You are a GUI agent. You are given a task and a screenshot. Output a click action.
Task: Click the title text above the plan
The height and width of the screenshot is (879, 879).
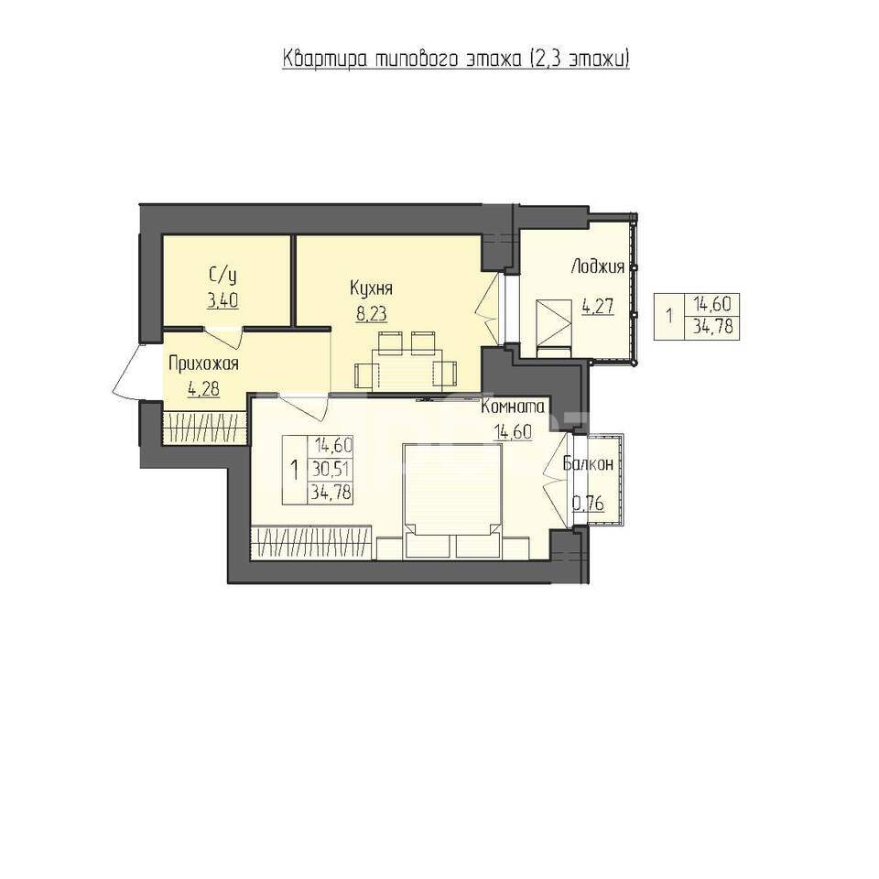click(456, 60)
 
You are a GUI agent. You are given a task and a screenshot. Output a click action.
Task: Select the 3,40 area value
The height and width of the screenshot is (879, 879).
click(222, 299)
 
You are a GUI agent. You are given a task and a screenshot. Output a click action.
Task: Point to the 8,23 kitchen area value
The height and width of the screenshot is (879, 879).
click(371, 313)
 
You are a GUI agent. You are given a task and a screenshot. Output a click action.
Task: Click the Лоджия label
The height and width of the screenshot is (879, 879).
click(597, 266)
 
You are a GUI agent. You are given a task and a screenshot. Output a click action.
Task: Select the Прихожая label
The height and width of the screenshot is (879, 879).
click(202, 363)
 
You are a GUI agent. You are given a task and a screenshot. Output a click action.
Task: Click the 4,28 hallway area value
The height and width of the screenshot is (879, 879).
click(202, 387)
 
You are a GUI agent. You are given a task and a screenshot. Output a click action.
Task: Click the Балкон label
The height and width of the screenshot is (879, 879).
click(588, 463)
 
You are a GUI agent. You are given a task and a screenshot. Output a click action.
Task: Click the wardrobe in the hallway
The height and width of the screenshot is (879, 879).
click(204, 428)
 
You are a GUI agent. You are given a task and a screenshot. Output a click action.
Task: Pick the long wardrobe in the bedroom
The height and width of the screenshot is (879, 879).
click(312, 541)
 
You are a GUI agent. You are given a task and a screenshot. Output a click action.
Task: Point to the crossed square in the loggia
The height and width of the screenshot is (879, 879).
click(553, 320)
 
